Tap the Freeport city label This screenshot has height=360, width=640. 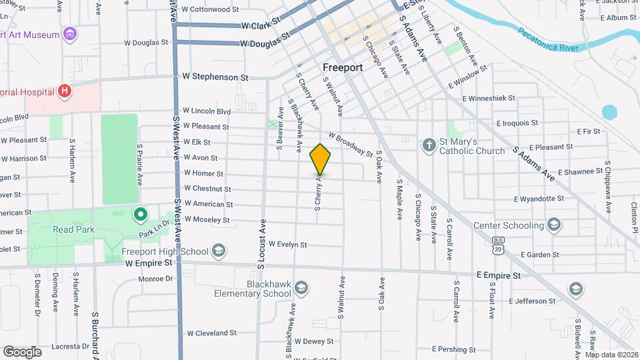(x=342, y=67)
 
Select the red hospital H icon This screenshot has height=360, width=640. (x=65, y=91)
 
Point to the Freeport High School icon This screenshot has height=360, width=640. (x=219, y=251)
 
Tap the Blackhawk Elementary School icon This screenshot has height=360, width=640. (x=302, y=287)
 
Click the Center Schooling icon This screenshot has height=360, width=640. (x=553, y=224)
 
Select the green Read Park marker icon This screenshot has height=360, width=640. (x=140, y=215)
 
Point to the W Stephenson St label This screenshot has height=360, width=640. (x=215, y=77)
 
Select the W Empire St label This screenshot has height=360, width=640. (x=149, y=263)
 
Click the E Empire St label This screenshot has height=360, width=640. (x=498, y=275)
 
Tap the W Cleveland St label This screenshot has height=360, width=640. (x=211, y=333)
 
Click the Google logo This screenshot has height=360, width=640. (x=22, y=351)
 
